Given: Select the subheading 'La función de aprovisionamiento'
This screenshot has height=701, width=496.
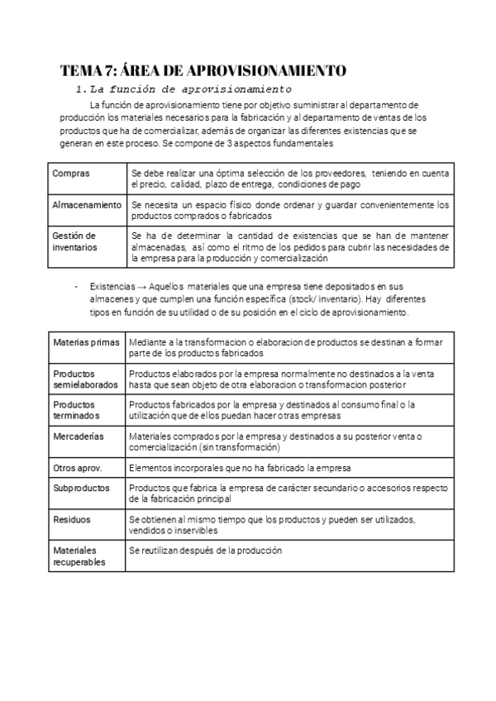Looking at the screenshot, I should point(191,88).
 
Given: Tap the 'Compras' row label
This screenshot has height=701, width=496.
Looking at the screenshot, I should point(70,174).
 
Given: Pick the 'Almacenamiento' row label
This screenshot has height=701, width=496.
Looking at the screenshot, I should point(87,204).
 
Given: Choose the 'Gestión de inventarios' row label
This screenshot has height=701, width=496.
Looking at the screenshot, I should point(74,241).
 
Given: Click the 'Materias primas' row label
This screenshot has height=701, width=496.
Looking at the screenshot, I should point(86,341).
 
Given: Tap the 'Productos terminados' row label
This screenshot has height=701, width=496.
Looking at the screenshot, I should point(76,410).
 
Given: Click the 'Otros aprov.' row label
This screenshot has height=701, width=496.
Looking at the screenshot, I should point(78,467).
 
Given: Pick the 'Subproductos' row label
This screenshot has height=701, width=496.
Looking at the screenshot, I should point(81,489).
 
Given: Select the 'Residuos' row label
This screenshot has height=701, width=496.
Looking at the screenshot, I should point(72,519).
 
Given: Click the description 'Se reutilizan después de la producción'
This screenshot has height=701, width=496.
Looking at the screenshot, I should point(206,551).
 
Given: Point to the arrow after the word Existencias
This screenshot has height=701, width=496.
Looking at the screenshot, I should point(142,286).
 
